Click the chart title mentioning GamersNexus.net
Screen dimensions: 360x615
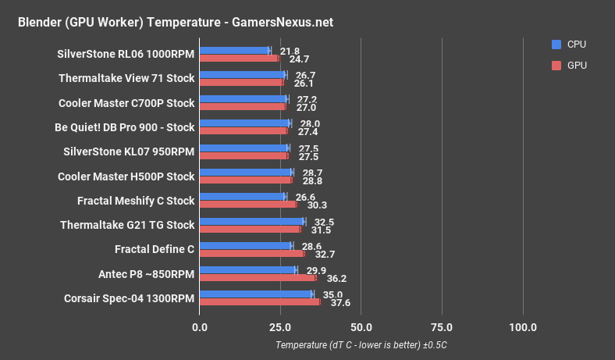tap(175, 22)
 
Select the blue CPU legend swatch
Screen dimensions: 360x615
tap(556, 44)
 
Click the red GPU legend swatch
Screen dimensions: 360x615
tap(556, 66)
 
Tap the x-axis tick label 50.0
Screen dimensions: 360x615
tap(361, 326)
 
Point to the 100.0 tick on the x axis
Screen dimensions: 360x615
tap(522, 326)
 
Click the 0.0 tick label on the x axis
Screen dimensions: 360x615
tap(200, 326)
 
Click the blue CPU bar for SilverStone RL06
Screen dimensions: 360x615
tap(234, 51)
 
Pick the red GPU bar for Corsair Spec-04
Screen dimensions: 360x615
tap(260, 301)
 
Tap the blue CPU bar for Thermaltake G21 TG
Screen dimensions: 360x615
tap(252, 222)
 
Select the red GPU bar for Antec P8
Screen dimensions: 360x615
tap(258, 277)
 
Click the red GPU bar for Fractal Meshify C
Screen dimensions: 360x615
tap(248, 205)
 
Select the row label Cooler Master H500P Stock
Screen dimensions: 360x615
tap(126, 176)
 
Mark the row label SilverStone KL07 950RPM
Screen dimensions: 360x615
tap(126, 151)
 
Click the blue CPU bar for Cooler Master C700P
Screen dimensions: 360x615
tap(244, 99)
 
